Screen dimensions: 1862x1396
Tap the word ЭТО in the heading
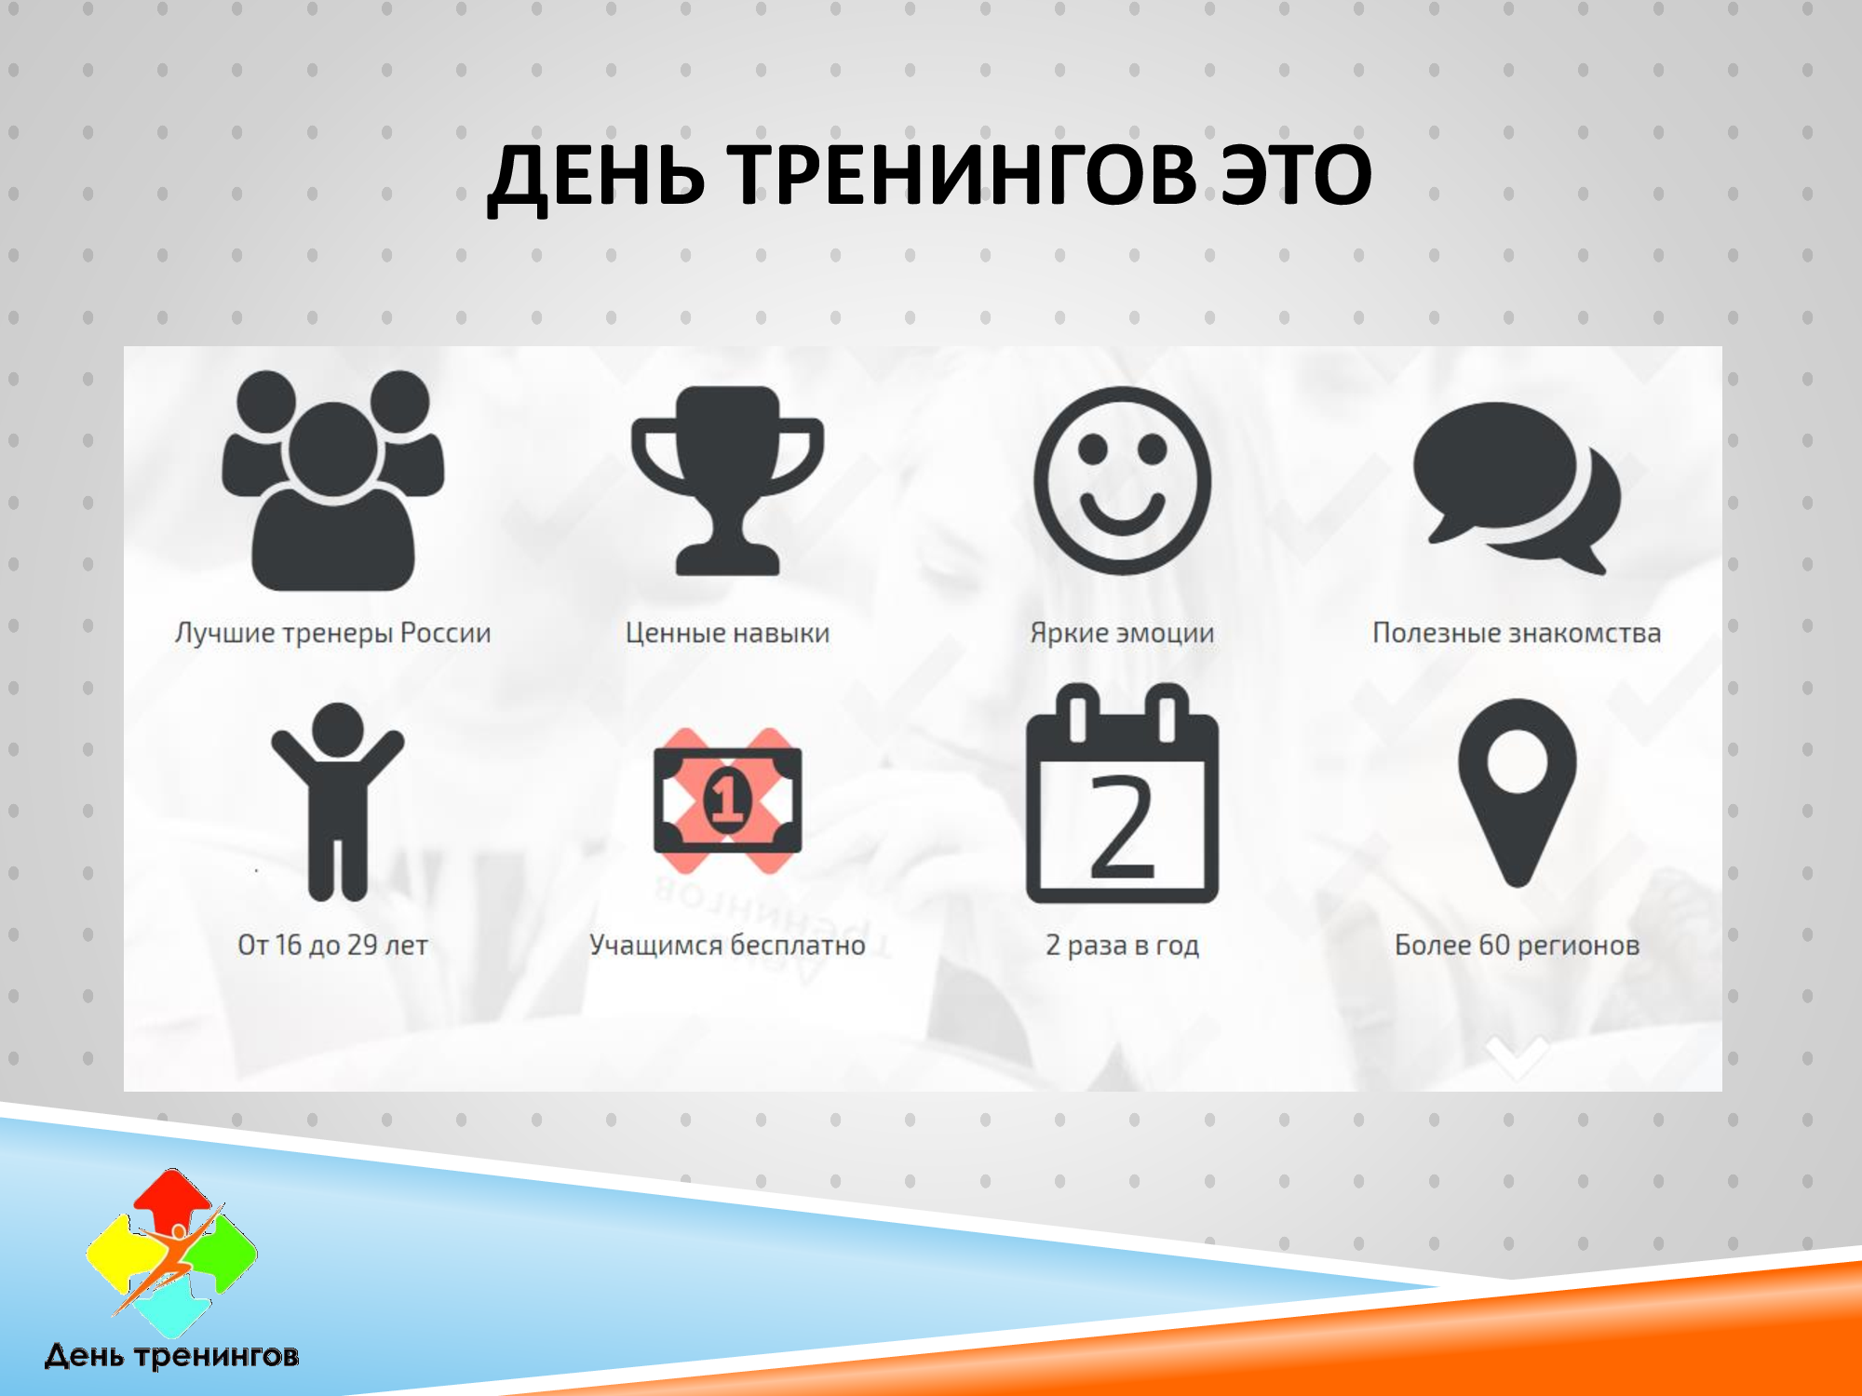point(1297,174)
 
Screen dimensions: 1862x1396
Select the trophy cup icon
point(727,480)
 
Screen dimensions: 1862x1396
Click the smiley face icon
point(1122,480)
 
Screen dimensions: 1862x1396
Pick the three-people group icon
point(332,480)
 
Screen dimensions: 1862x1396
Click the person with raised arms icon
point(337,801)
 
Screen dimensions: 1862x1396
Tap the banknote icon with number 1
point(727,800)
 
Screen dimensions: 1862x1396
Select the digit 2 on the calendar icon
point(1122,827)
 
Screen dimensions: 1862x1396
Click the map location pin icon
point(1517,792)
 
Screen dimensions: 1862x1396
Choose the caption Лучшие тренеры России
point(332,634)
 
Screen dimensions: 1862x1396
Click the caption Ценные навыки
point(727,633)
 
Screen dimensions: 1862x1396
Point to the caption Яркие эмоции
point(1122,633)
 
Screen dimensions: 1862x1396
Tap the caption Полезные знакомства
point(1517,633)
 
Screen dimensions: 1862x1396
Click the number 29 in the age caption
point(362,945)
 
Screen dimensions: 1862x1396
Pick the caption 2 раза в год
point(1122,946)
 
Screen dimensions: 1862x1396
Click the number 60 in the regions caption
point(1494,945)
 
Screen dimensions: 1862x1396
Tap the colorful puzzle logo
point(172,1252)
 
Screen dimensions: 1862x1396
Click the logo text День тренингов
point(172,1356)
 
